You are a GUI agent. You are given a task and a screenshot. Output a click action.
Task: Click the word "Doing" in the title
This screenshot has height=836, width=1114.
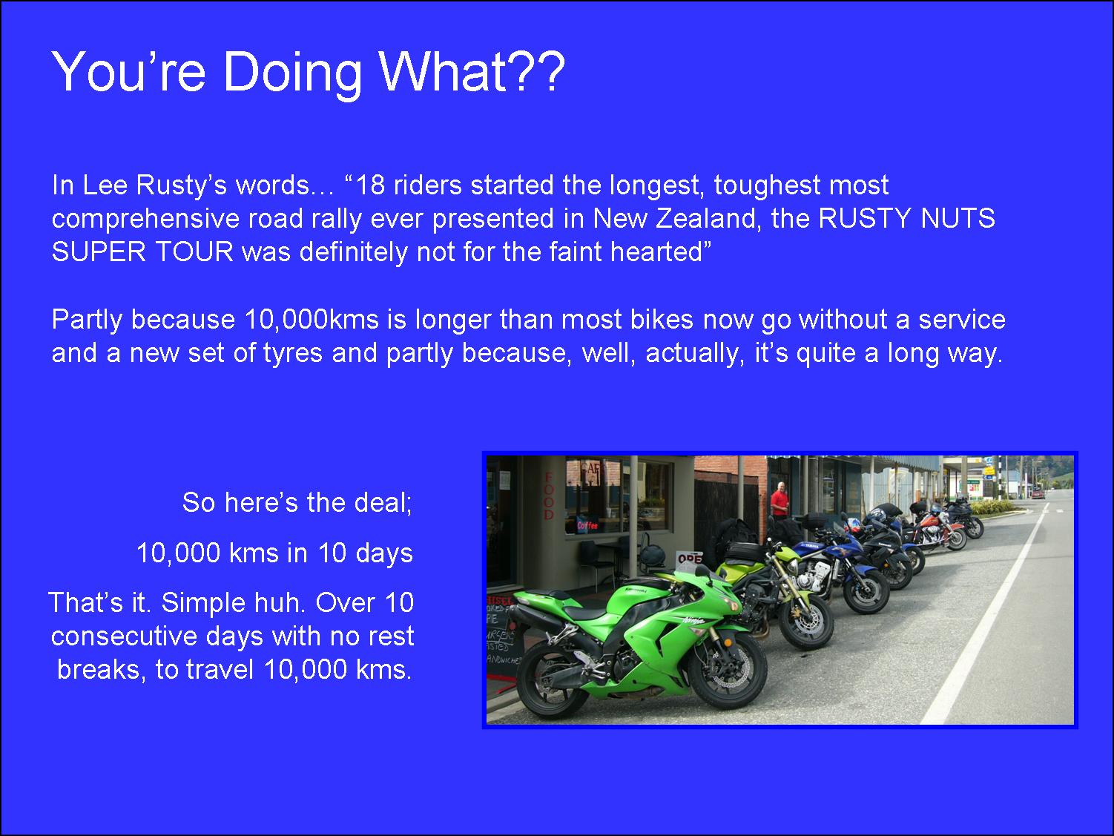pos(293,73)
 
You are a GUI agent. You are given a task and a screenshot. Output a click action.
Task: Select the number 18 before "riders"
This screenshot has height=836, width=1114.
pos(371,185)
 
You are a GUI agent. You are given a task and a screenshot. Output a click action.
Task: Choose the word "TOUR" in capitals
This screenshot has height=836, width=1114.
pos(194,251)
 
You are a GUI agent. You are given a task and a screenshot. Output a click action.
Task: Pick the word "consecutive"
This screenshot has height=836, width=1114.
pos(124,636)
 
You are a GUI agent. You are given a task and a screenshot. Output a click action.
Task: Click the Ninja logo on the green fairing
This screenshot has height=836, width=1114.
pos(693,619)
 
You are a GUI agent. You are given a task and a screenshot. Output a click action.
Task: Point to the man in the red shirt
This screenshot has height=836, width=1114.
pos(779,500)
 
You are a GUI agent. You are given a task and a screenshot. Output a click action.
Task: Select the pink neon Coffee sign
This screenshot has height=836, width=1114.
pos(587,525)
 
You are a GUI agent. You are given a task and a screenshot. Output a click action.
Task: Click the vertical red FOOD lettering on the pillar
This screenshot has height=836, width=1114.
pos(549,496)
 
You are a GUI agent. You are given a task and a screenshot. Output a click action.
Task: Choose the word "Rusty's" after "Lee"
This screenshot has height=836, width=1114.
pos(181,185)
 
